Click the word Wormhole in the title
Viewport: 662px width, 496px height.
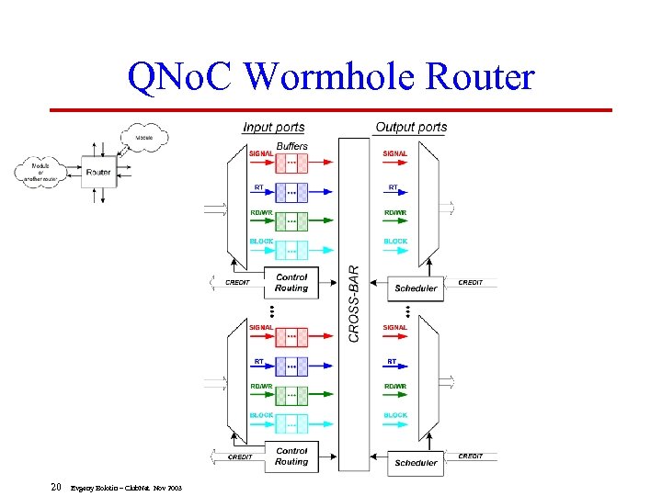[316, 77]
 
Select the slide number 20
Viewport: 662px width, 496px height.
[56, 487]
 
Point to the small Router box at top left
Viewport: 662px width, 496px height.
[97, 172]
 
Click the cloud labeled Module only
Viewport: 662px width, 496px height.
[144, 138]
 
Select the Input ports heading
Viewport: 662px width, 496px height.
[273, 128]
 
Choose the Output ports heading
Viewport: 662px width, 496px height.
[411, 128]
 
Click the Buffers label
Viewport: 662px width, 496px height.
[291, 146]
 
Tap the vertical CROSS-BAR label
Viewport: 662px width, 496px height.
[354, 304]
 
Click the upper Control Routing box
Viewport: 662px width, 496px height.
[291, 282]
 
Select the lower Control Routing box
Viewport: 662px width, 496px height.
[291, 457]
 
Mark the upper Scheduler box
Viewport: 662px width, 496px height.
[416, 287]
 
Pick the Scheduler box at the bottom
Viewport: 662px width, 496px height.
[416, 462]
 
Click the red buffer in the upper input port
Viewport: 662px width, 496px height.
[291, 163]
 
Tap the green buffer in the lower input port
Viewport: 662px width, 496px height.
[291, 396]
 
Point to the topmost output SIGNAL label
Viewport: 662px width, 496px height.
[395, 153]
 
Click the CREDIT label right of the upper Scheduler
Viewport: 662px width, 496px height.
[470, 282]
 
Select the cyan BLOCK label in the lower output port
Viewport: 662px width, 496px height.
[395, 415]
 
